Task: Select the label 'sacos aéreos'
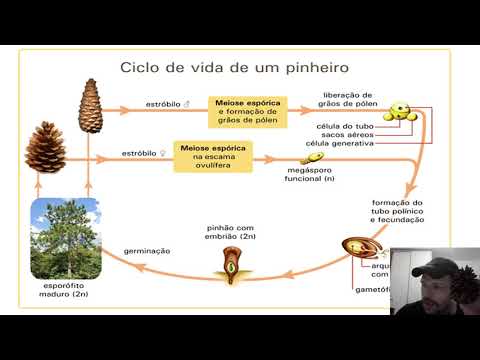coord(346,135)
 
